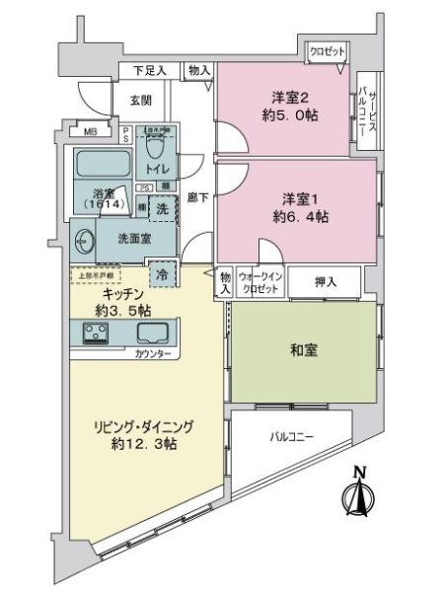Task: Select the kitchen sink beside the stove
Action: (152, 334)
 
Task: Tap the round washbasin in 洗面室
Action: (82, 237)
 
